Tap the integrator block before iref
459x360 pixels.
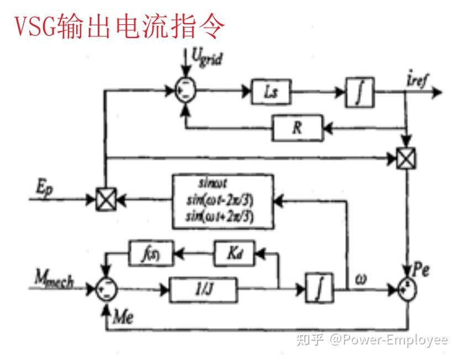[360, 92]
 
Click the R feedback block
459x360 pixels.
[296, 129]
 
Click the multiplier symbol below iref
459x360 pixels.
[407, 159]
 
